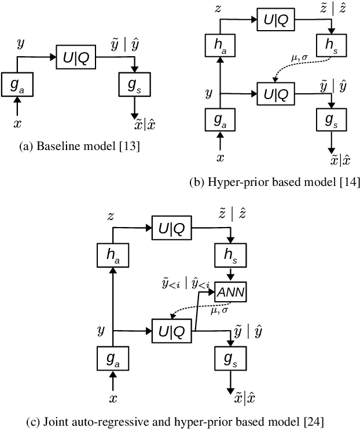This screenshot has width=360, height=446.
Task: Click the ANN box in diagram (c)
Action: (x=230, y=294)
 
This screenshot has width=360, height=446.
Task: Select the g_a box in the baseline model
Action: (x=17, y=85)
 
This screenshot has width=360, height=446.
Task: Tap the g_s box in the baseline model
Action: (x=134, y=85)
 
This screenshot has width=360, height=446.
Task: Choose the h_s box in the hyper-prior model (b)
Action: (x=330, y=45)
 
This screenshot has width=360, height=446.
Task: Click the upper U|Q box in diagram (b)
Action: (x=275, y=19)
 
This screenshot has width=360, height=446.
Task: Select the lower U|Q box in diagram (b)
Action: (x=275, y=93)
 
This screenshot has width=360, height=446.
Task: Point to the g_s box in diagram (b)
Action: (x=330, y=119)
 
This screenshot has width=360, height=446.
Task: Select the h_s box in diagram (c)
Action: (x=230, y=254)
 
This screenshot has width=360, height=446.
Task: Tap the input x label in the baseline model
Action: (x=17, y=123)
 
